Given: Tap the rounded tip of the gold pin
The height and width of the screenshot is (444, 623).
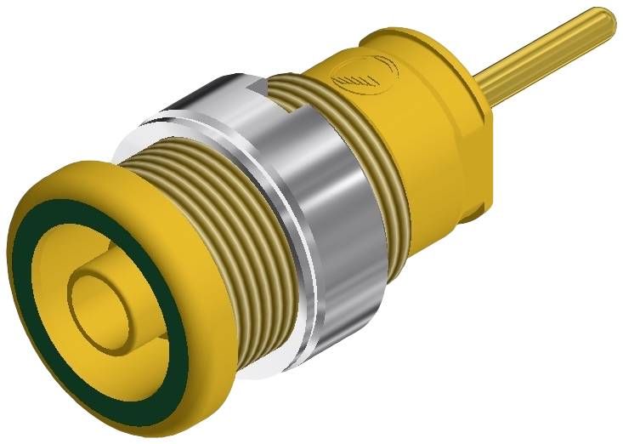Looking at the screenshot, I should (x=605, y=22).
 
